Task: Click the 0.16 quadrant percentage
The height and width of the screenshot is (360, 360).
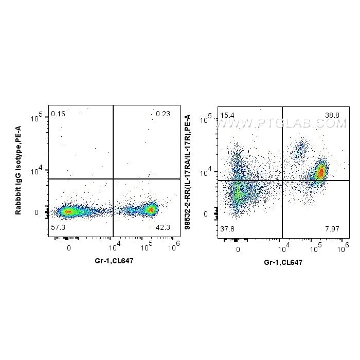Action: click(58, 113)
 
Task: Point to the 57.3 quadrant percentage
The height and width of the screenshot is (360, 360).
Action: click(58, 227)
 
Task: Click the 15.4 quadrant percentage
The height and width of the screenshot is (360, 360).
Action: click(227, 115)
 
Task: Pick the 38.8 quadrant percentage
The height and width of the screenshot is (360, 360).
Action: click(332, 115)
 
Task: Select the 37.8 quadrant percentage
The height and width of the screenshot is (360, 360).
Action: click(227, 229)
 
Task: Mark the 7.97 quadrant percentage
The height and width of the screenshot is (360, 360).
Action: click(332, 229)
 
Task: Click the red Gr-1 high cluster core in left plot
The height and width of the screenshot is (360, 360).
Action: click(150, 209)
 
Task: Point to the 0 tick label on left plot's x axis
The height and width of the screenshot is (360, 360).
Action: click(69, 247)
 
